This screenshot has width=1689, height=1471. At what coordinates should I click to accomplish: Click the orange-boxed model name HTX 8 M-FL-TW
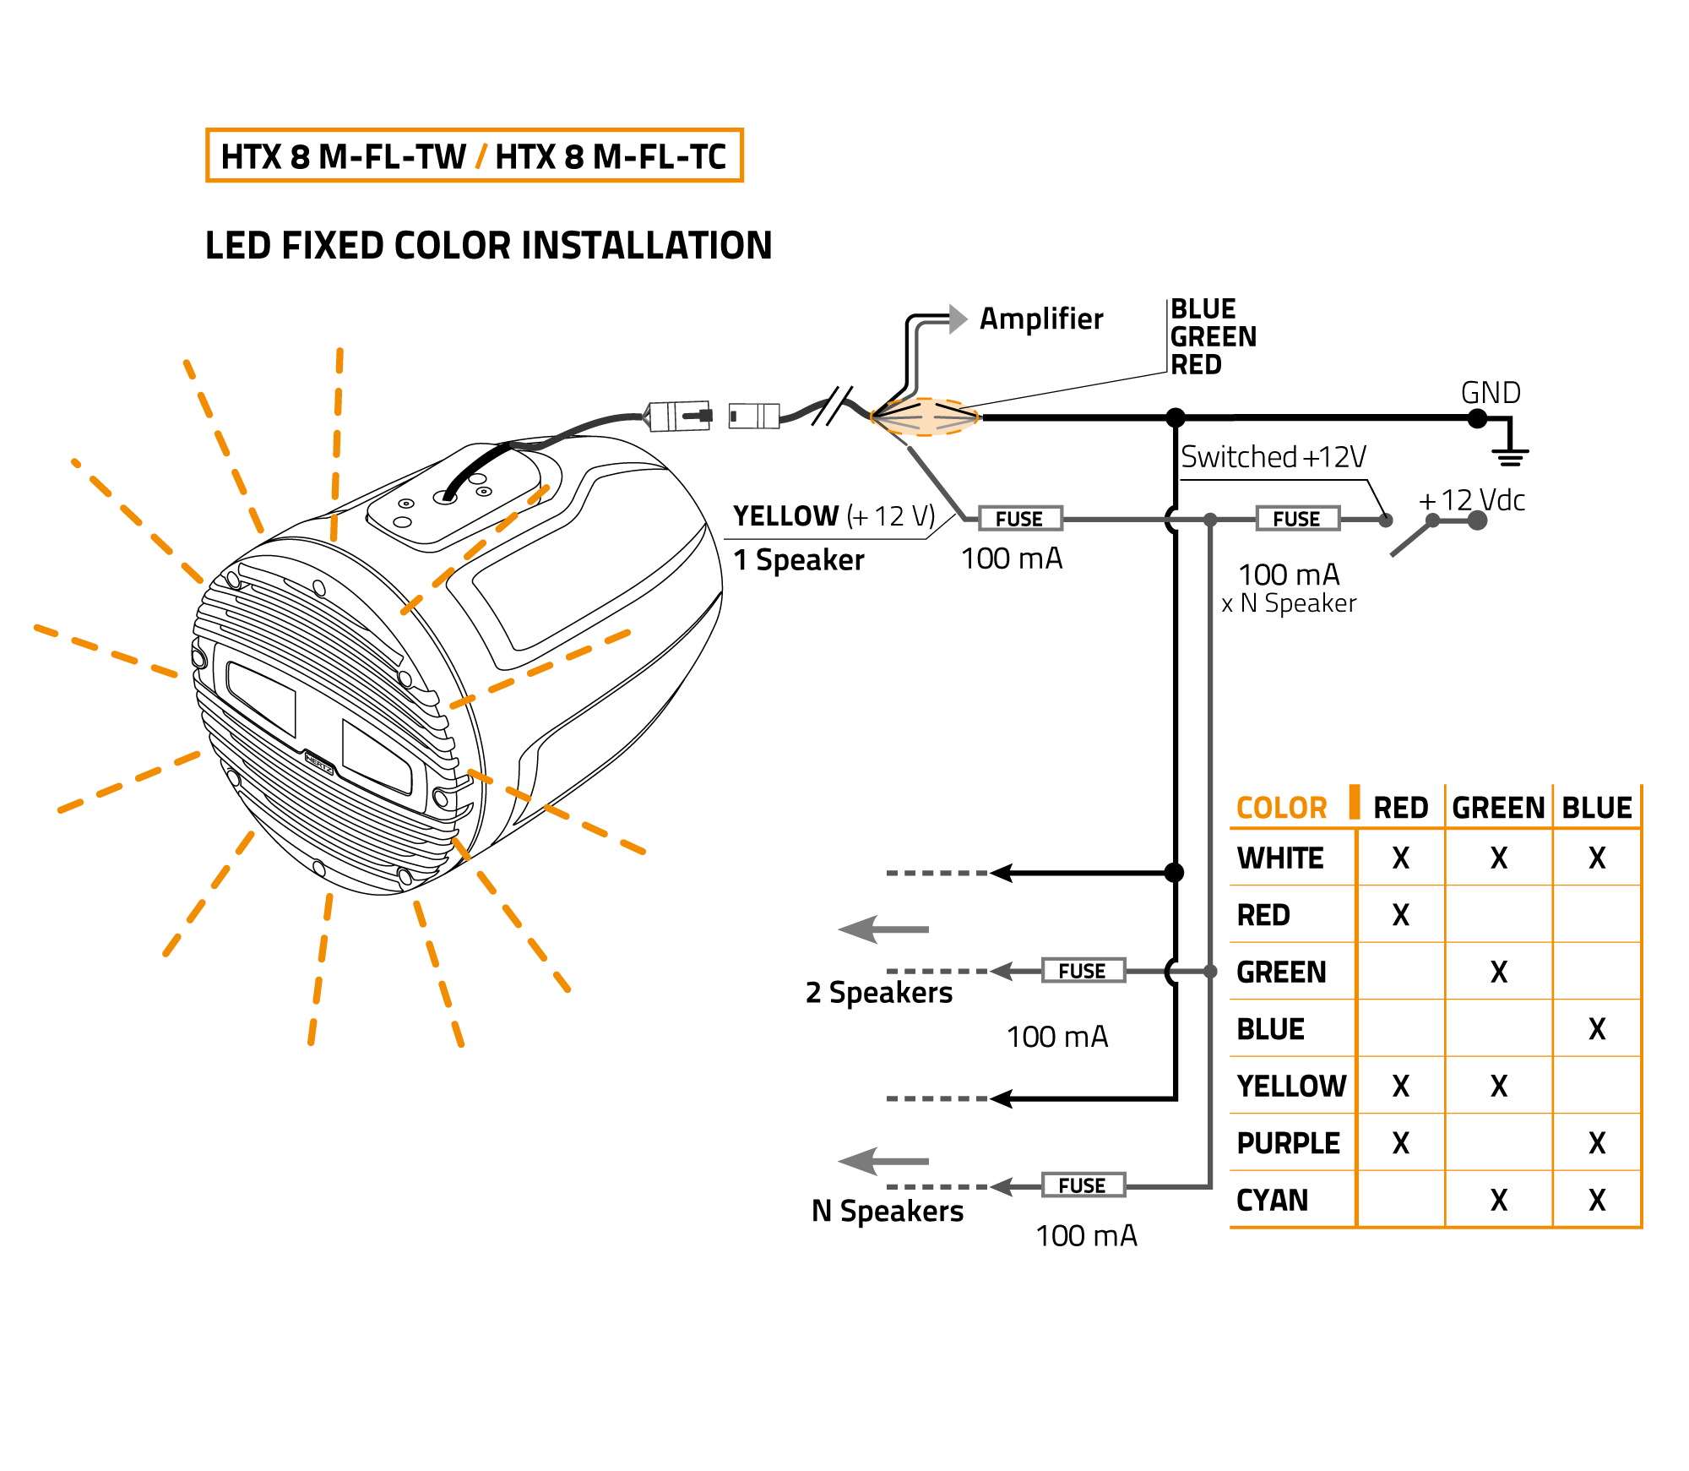click(343, 156)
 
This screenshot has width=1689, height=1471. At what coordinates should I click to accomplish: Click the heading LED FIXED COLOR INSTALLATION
click(488, 246)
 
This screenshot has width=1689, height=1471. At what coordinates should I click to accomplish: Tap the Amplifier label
click(1040, 319)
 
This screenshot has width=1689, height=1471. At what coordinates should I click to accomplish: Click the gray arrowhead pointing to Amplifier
click(958, 319)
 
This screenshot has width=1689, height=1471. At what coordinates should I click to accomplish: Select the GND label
click(1491, 393)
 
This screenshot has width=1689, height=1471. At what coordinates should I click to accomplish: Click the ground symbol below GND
click(1510, 456)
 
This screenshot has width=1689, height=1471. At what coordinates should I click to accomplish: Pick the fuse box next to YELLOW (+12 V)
click(1019, 518)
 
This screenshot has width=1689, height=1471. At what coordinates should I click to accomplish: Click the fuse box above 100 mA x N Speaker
click(1296, 518)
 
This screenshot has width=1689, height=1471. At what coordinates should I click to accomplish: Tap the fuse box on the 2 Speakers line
click(1082, 970)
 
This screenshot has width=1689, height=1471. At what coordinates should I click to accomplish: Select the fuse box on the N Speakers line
click(1082, 1185)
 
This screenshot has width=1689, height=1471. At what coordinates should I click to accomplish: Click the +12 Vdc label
click(1472, 500)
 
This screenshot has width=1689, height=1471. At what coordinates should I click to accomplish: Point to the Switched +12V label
click(1273, 457)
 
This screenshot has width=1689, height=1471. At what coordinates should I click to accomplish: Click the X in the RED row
click(1400, 914)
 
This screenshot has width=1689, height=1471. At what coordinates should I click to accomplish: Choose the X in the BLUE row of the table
click(1596, 1028)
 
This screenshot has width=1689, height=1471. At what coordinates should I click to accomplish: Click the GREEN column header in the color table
click(1498, 808)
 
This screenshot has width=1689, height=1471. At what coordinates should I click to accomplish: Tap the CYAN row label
click(1272, 1200)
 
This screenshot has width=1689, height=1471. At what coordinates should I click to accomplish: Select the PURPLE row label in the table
click(1288, 1143)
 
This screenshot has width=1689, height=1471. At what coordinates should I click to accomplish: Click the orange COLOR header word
click(1281, 808)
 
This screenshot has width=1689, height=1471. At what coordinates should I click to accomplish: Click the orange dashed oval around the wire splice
click(925, 417)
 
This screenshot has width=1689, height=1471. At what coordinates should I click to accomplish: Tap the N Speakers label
click(887, 1211)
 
